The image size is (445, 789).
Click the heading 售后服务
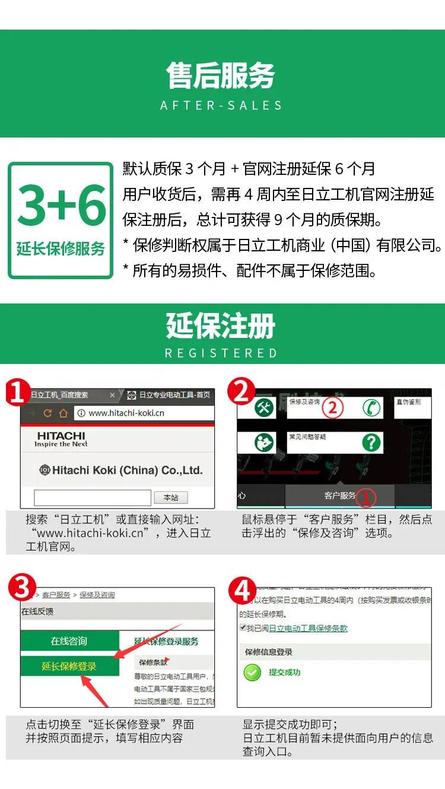[x=221, y=76]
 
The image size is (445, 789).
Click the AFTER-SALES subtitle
[x=221, y=106]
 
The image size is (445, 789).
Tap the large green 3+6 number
[x=61, y=205]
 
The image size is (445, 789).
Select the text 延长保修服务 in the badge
[x=61, y=248]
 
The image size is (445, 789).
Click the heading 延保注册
[x=221, y=326]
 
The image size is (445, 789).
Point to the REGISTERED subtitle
[x=221, y=353]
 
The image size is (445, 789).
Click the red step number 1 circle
[x=18, y=392]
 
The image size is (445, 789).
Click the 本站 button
[x=171, y=497]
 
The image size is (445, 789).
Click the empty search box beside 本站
[x=92, y=497]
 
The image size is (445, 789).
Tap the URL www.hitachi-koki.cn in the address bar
[x=126, y=413]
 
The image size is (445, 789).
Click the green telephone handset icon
[x=372, y=408]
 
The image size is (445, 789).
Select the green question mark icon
[x=371, y=442]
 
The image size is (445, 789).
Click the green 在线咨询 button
[x=69, y=641]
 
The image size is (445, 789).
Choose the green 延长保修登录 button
[x=69, y=666]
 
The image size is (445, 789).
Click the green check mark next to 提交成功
[x=252, y=672]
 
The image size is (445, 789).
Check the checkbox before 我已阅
[x=243, y=628]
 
